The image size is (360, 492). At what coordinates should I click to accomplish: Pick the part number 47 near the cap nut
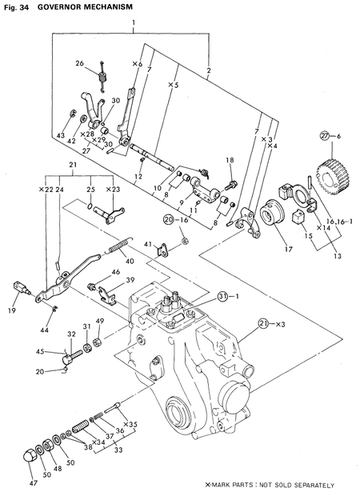(34, 484)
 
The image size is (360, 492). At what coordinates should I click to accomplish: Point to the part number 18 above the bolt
(229, 162)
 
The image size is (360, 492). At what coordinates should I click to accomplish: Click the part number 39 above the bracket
(130, 280)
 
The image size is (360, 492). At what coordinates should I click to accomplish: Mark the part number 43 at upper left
(61, 137)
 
